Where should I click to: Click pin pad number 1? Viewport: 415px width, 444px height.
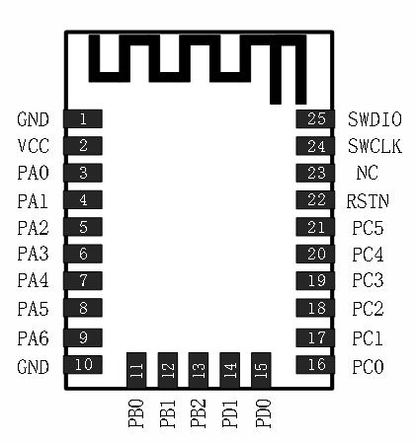83,119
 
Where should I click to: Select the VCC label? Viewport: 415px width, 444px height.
33,146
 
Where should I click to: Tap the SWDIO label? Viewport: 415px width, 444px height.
374,119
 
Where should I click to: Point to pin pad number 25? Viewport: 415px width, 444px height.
315,119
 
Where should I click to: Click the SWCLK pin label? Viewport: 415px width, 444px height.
374,146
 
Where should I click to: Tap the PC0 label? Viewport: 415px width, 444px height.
368,365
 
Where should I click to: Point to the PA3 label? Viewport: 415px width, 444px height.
33,255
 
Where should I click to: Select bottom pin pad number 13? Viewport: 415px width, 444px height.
199,370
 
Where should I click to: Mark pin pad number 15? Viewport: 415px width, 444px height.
262,370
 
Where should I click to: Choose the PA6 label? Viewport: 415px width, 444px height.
33,337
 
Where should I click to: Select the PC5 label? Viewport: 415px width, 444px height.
368,228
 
